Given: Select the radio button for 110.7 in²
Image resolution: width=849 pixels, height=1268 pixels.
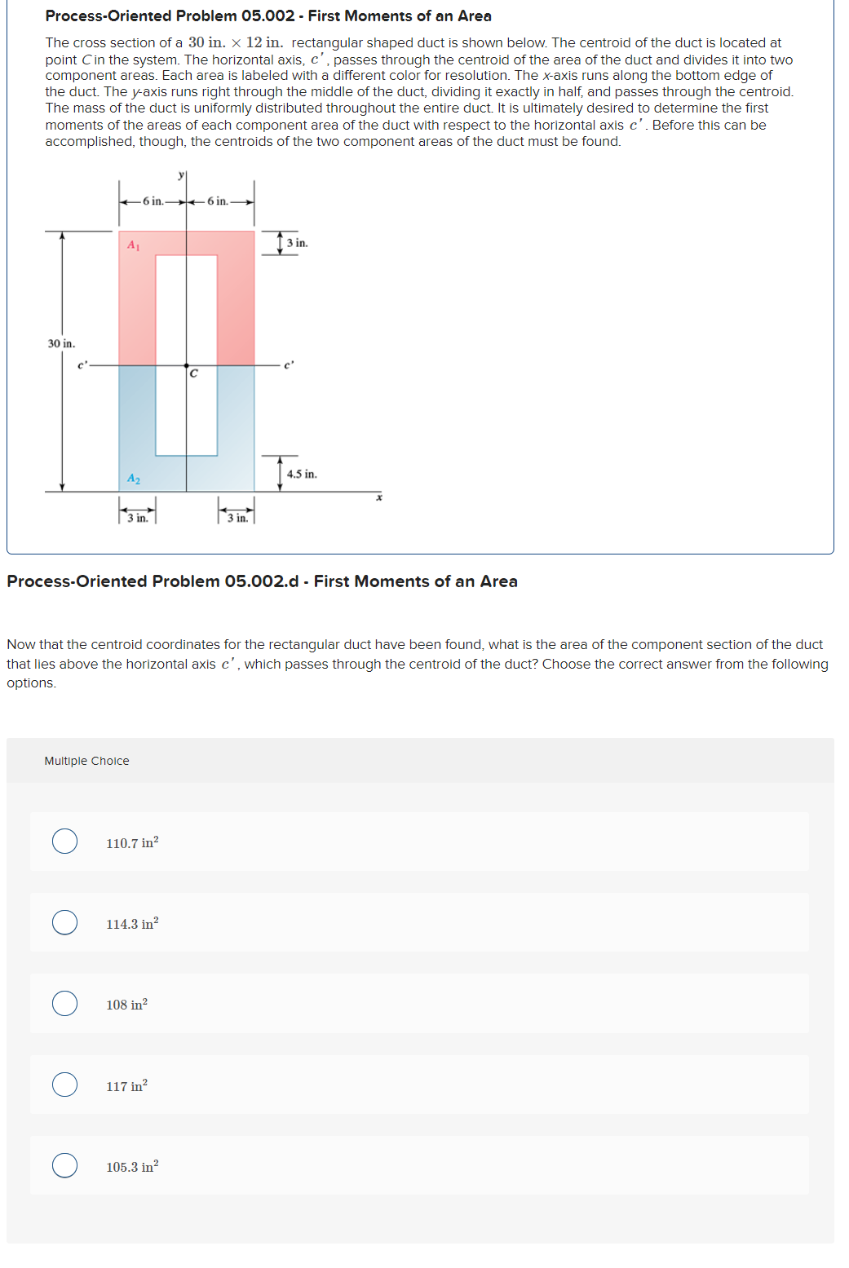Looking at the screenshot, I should tap(65, 841).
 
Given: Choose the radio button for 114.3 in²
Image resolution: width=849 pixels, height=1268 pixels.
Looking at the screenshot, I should tap(65, 922).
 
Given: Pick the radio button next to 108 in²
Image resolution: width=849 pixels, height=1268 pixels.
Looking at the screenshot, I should tap(65, 1003).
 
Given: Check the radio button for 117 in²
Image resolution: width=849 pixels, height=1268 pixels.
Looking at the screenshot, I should tap(65, 1085).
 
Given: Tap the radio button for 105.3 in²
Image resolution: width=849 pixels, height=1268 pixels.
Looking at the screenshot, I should tap(65, 1165).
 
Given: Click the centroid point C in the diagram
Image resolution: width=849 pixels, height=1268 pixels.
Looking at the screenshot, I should tap(187, 366).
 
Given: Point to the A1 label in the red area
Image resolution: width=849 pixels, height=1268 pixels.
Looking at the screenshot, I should tap(134, 245).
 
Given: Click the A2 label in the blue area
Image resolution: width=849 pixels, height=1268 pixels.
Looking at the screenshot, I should tap(134, 479).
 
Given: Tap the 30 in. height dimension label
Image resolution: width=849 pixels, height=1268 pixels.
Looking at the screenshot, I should tap(61, 344).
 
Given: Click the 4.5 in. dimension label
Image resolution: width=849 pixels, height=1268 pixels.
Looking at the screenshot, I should tap(302, 474).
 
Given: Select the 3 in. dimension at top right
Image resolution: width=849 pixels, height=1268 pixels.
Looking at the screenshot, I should tap(297, 243).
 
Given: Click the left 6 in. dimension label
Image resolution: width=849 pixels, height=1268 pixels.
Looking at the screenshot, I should tap(153, 201).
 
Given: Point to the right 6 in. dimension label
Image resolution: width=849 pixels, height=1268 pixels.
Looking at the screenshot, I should tap(218, 201).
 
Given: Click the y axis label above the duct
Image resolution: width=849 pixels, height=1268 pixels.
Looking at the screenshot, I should tap(181, 175).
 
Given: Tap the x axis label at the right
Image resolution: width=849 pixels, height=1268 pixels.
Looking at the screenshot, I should tap(379, 497).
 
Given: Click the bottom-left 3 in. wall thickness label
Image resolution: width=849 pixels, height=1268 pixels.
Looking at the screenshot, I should tap(138, 518).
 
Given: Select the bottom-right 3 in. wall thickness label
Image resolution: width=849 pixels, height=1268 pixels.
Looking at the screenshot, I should tap(237, 518).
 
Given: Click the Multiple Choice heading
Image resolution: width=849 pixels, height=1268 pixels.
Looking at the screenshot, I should tap(86, 761).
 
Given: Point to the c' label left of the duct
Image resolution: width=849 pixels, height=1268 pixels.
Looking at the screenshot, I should tap(82, 365).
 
